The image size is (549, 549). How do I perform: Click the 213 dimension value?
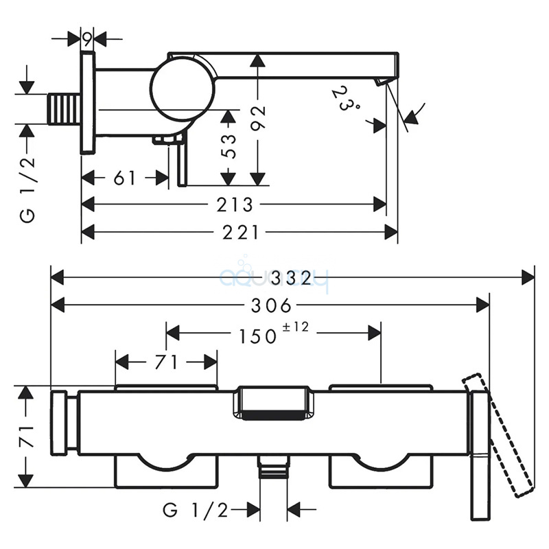236,205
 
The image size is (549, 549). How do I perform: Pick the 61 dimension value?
124,178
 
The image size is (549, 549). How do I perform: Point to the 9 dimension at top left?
87,39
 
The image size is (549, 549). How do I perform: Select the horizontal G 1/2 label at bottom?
194,510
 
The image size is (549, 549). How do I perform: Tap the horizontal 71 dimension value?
165,361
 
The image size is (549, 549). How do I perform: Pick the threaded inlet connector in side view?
64,109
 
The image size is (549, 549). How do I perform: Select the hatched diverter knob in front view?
271,404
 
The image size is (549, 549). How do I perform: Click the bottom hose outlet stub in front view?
273,468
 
